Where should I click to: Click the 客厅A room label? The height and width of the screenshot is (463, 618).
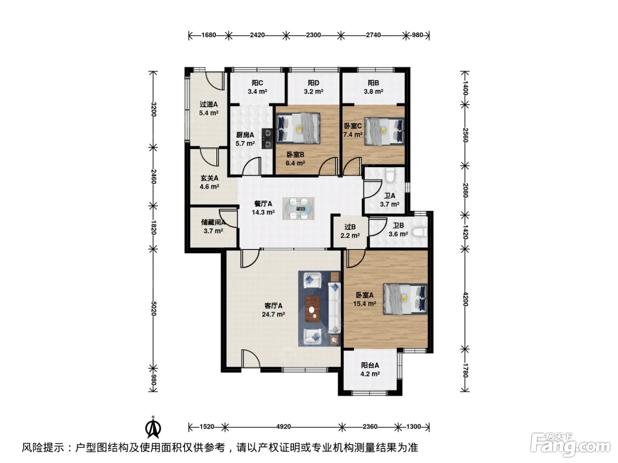point(273,306)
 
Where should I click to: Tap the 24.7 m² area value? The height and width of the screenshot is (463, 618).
point(273,314)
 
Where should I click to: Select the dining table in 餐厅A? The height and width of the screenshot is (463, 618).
point(298,209)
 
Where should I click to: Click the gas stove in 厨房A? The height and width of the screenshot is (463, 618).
point(70,138)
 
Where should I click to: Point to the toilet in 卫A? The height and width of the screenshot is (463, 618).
point(390,175)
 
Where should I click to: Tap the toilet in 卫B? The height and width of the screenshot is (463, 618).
point(420,232)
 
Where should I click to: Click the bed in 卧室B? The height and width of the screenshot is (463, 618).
point(298,128)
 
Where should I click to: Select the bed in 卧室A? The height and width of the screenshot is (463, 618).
point(405,299)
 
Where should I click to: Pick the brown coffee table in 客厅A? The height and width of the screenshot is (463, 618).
point(313,309)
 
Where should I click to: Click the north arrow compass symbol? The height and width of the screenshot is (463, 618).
point(153,427)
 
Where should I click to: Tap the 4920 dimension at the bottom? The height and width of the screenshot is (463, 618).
point(283,427)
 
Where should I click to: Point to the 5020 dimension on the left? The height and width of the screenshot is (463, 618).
point(154,308)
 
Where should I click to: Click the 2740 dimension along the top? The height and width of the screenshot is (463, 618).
point(373,35)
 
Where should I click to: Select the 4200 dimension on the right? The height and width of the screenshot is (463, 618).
point(465,299)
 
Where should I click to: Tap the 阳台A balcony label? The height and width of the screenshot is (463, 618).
point(370,365)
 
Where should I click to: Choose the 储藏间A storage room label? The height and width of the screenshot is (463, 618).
point(213,222)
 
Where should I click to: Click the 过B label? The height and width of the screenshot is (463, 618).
point(350,227)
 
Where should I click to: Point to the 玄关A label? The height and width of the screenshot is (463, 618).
point(209,178)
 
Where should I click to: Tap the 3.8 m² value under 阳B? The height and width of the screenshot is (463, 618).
point(373,91)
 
